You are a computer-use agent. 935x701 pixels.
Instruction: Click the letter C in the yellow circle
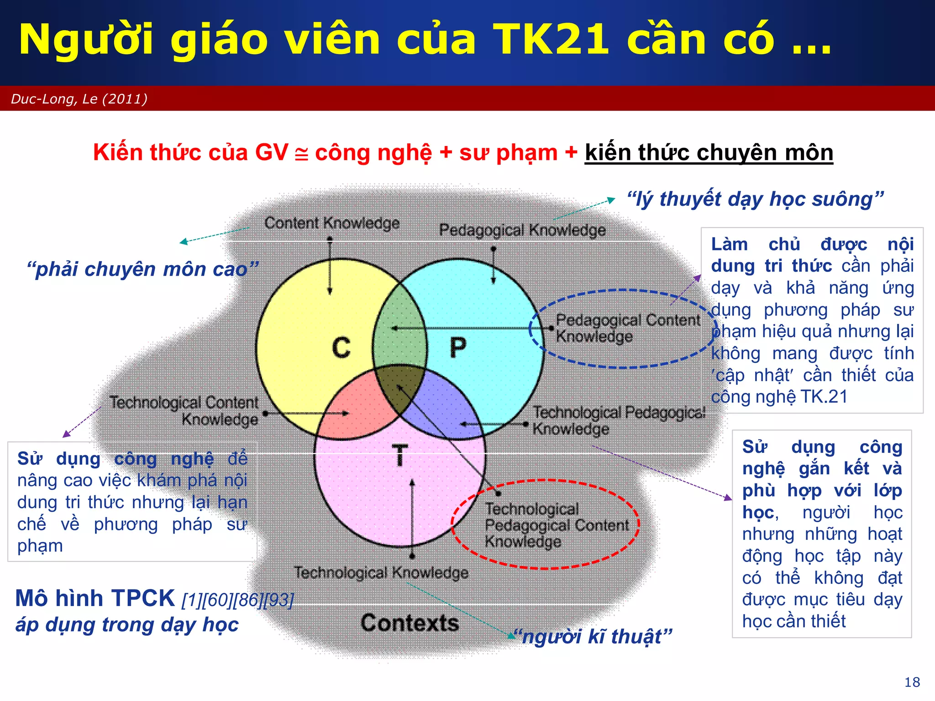point(341,348)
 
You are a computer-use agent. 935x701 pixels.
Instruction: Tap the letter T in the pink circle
point(400,455)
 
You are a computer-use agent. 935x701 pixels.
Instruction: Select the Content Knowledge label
point(332,223)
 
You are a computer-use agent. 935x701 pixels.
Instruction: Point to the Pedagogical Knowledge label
point(522,230)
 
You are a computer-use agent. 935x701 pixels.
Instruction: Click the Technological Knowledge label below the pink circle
point(381,572)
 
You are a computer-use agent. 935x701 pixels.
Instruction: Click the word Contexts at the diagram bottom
point(410,623)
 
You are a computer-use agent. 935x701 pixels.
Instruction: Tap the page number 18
point(912,682)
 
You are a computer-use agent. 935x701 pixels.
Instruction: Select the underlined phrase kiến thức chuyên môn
point(709,152)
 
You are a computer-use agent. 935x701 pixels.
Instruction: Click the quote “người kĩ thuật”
point(593,636)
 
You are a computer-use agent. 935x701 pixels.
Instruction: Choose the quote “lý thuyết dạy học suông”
point(755,199)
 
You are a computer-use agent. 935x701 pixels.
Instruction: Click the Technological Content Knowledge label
point(184,411)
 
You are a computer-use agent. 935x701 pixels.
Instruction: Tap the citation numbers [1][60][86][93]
point(237,600)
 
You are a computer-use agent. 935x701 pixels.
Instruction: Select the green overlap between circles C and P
point(398,329)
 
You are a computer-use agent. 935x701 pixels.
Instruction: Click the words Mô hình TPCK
point(95,598)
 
